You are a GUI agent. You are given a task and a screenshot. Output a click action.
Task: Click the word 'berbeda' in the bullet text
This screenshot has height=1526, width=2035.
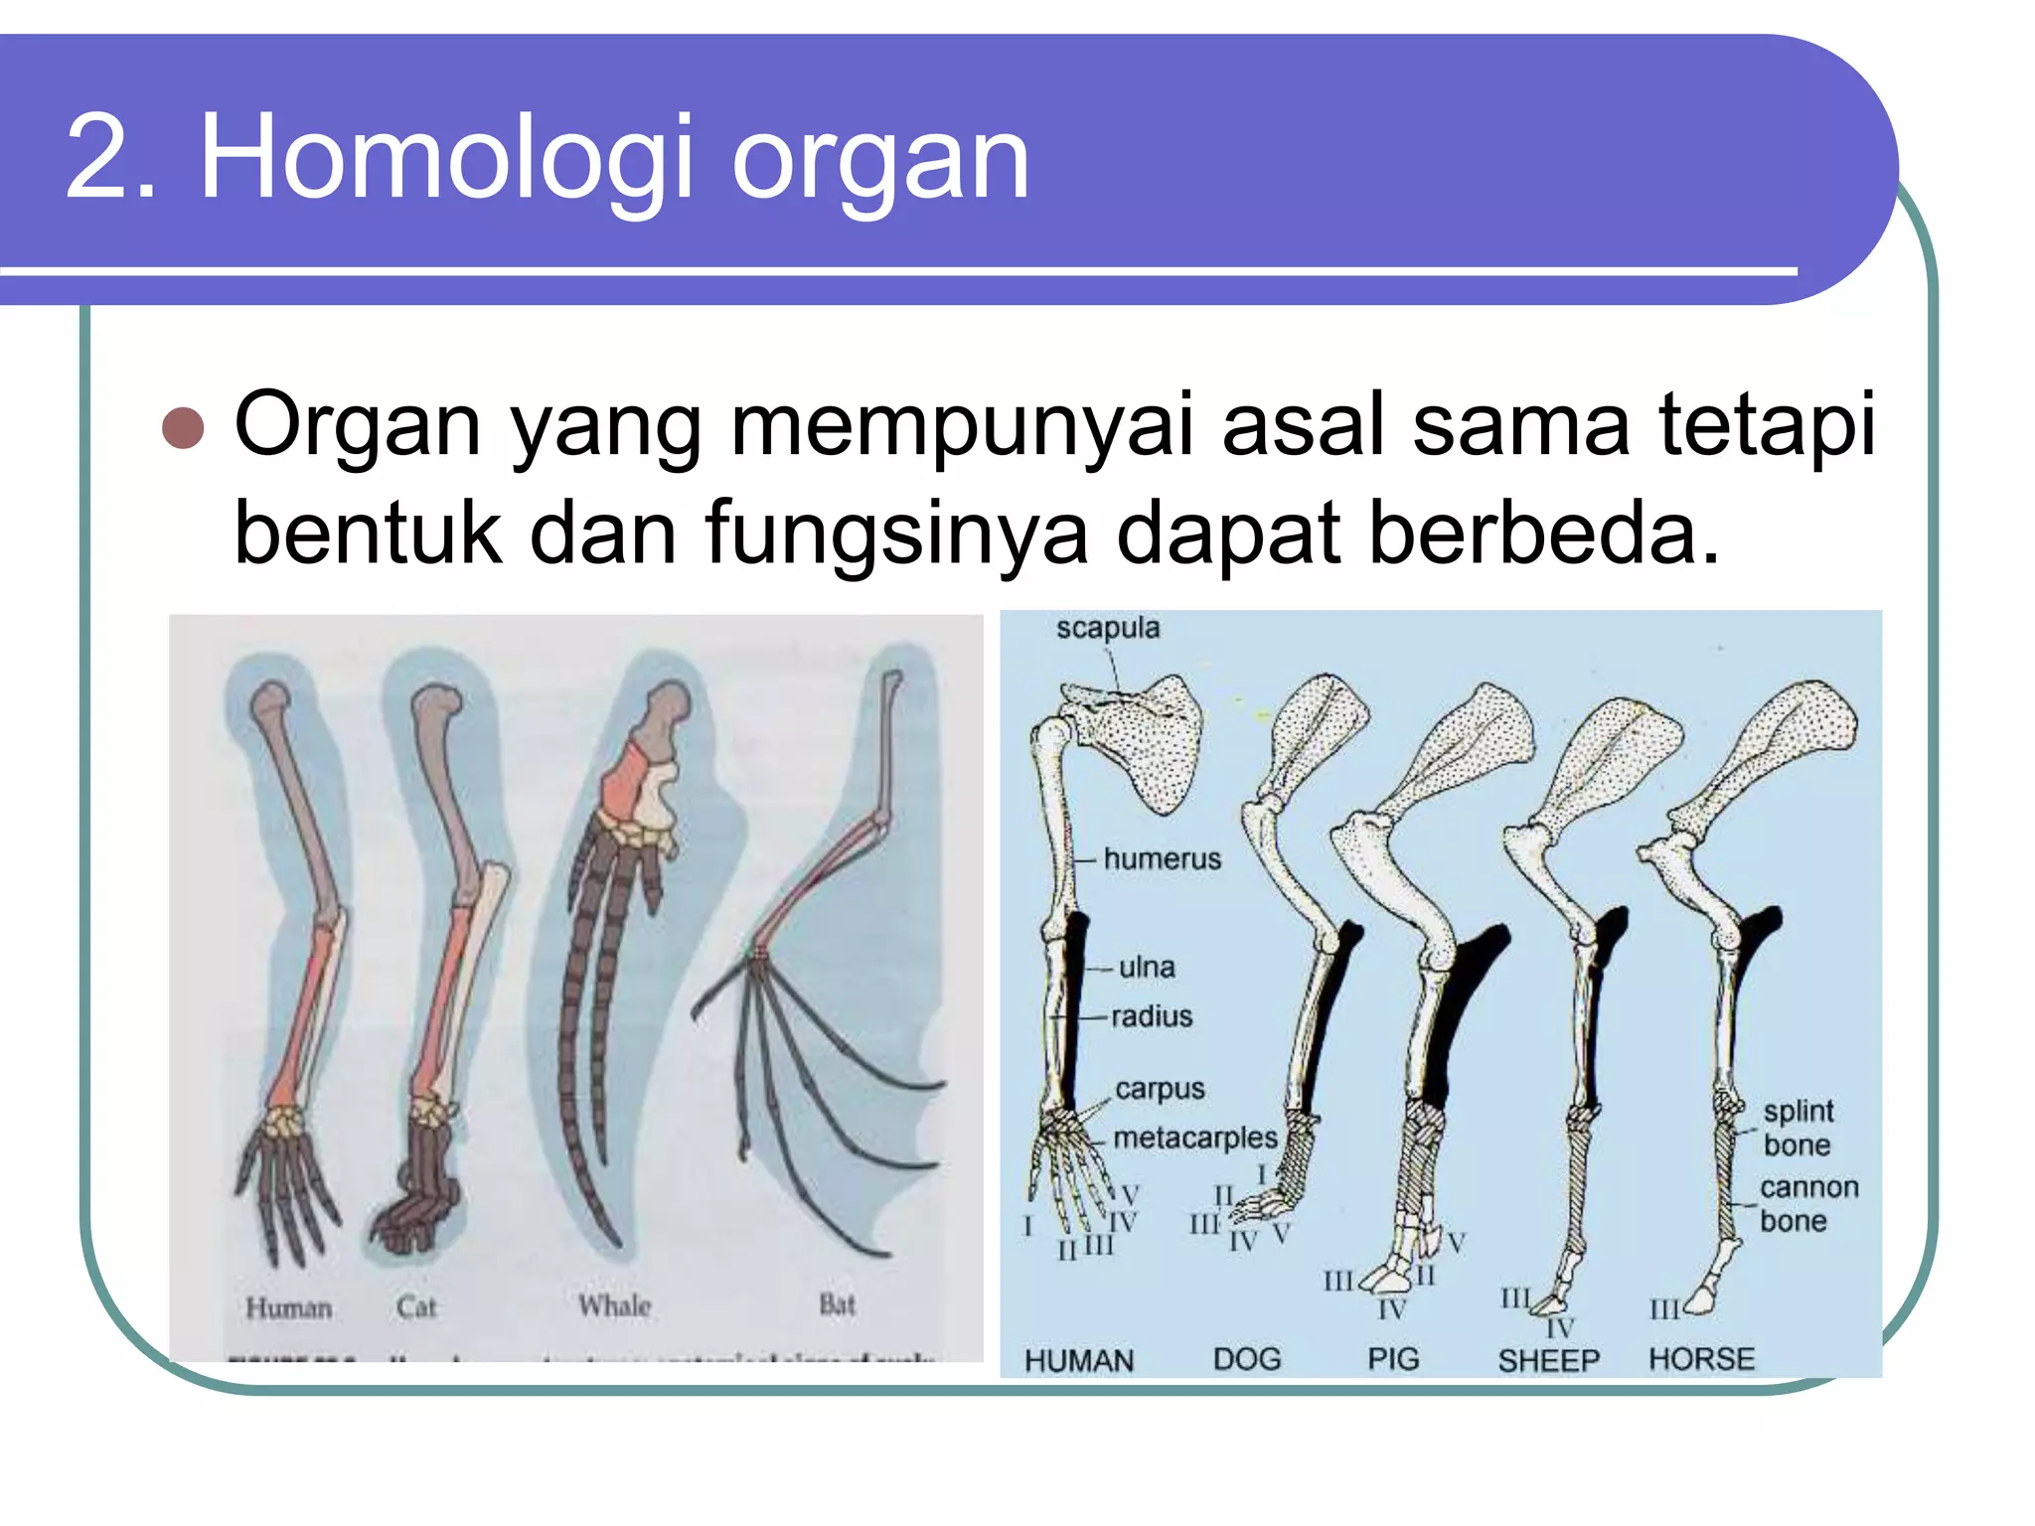pyautogui.click(x=1543, y=533)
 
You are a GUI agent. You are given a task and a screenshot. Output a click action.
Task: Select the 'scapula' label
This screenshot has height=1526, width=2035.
pyautogui.click(x=1107, y=628)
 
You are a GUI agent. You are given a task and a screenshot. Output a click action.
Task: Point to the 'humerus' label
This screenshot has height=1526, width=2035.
pyautogui.click(x=1162, y=858)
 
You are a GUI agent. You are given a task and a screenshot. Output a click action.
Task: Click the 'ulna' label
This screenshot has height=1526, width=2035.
pyautogui.click(x=1147, y=967)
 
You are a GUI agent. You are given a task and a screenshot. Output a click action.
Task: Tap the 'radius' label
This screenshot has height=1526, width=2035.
pyautogui.click(x=1152, y=1016)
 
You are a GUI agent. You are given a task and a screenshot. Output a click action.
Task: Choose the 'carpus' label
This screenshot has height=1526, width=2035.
pyautogui.click(x=1160, y=1089)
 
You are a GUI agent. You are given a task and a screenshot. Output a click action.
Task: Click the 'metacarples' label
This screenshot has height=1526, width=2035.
pyautogui.click(x=1194, y=1138)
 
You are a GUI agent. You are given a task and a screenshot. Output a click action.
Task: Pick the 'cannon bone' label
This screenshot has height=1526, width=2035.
pyautogui.click(x=1807, y=1204)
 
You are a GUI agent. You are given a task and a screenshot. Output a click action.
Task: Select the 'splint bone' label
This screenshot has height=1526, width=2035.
pyautogui.click(x=1798, y=1128)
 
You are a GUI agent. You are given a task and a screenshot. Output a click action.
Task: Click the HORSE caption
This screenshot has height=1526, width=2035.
pyautogui.click(x=1701, y=1359)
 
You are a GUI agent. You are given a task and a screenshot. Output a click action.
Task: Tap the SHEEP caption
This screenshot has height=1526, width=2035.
pyautogui.click(x=1548, y=1360)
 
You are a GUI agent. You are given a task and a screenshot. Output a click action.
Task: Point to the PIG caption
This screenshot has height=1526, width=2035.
pyautogui.click(x=1393, y=1359)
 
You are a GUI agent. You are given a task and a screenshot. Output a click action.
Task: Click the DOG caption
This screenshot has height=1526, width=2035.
pyautogui.click(x=1247, y=1359)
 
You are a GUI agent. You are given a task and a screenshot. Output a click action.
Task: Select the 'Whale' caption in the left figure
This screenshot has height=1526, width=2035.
pyautogui.click(x=615, y=1305)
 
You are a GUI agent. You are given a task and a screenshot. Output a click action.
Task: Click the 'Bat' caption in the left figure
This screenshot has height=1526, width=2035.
pyautogui.click(x=837, y=1303)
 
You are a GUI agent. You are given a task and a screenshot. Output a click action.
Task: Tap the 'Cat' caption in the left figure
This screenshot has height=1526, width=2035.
pyautogui.click(x=415, y=1306)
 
